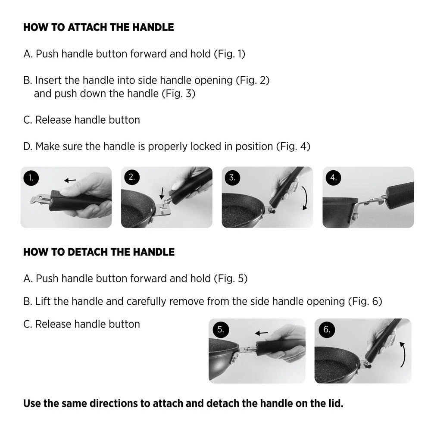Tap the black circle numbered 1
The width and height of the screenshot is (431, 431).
[31, 178]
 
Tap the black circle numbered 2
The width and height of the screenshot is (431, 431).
[131, 177]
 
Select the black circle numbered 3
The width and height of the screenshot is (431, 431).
[232, 178]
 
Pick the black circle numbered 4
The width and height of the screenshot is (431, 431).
[333, 178]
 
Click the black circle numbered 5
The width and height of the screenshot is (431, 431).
[221, 329]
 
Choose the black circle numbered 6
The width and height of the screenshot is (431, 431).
[327, 329]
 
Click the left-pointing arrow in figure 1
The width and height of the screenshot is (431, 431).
[70, 180]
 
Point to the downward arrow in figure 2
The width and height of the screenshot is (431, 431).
[162, 194]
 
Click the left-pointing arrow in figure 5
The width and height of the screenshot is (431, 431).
[262, 333]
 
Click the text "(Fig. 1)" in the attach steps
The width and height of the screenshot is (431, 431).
[230, 54]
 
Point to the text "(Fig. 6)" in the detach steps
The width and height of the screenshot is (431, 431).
[365, 302]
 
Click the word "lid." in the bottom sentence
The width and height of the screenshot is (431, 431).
[336, 403]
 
